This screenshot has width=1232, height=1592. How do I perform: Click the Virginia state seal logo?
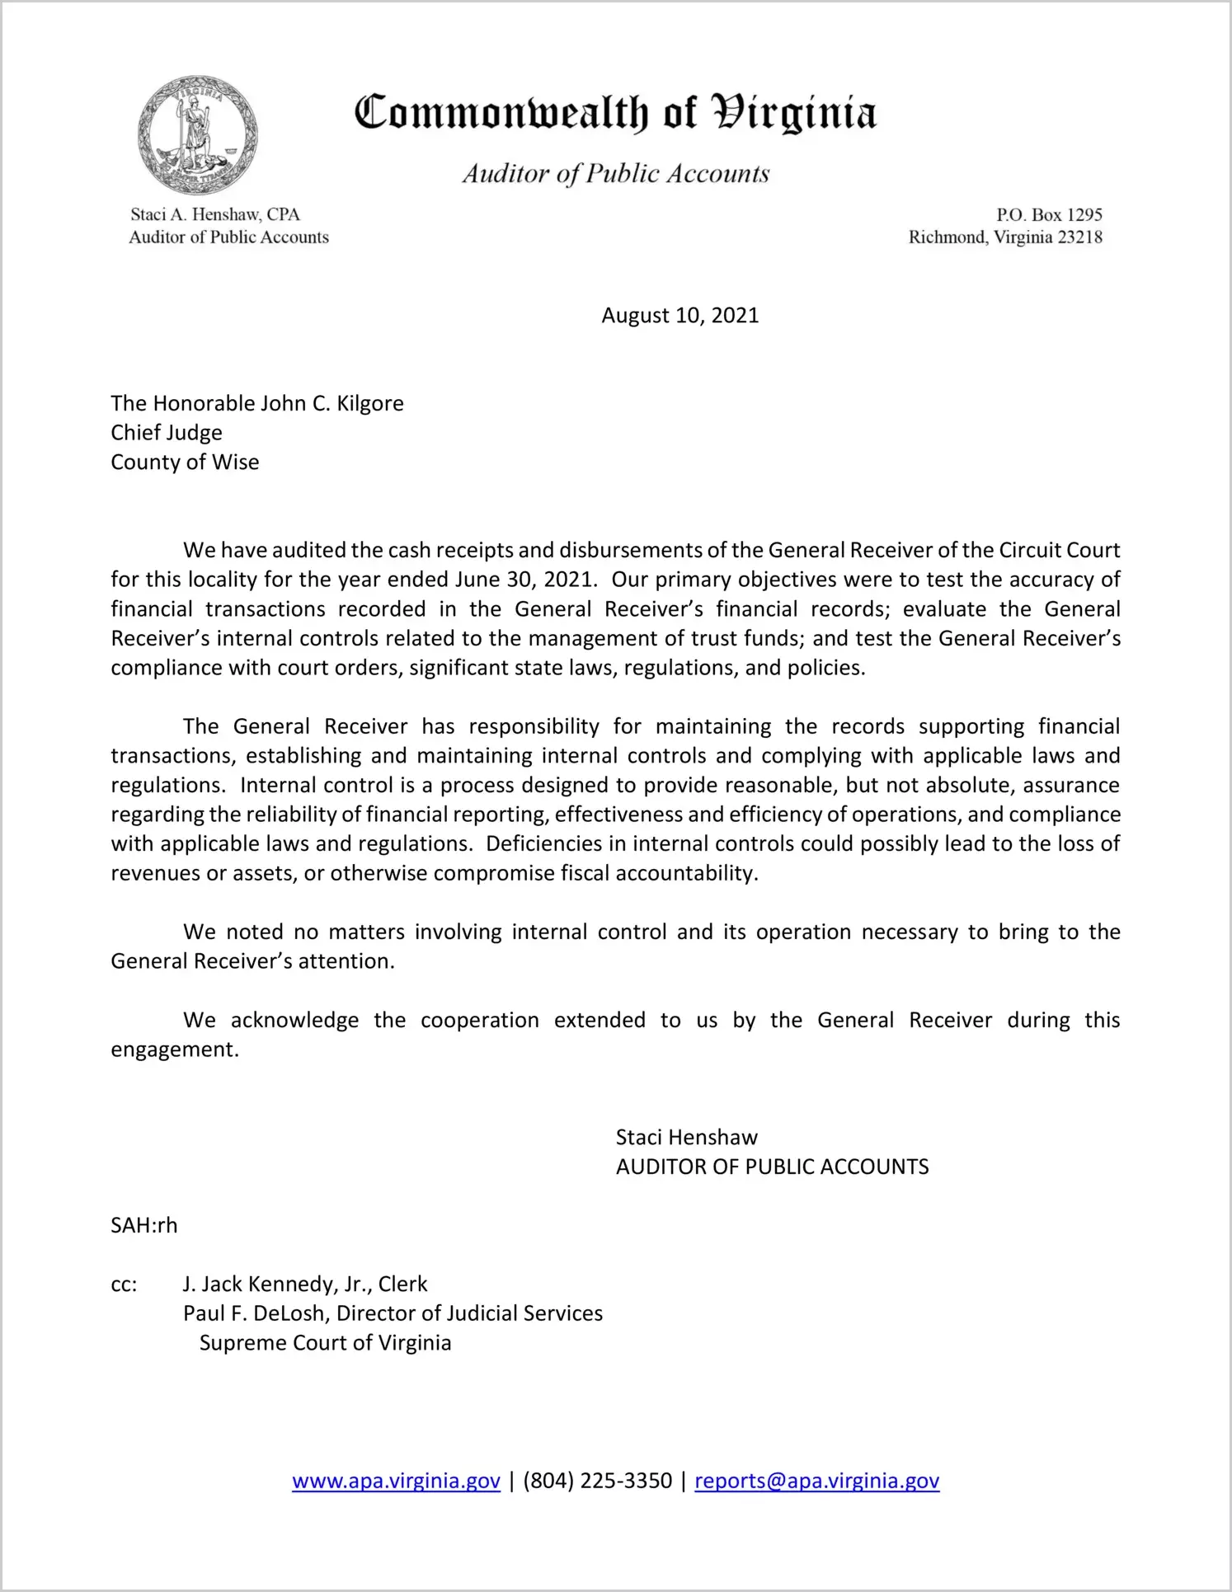click(x=197, y=135)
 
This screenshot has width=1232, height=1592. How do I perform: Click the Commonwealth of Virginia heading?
click(x=615, y=114)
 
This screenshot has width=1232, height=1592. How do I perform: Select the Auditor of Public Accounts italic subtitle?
click(x=615, y=173)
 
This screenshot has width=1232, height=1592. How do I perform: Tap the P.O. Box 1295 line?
click(x=1048, y=215)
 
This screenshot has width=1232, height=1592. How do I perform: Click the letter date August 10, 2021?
click(x=679, y=316)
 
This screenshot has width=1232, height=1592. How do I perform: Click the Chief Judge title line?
click(x=167, y=433)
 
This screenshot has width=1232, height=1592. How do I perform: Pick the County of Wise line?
click(x=185, y=463)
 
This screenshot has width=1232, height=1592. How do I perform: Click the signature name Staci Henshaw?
click(x=686, y=1138)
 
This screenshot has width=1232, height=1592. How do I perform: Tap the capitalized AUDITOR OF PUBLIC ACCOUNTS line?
click(x=772, y=1167)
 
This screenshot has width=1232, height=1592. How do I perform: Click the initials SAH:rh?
click(x=144, y=1225)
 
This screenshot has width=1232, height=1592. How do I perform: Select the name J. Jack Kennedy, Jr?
click(x=276, y=1284)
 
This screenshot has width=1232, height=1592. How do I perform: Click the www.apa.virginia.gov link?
click(x=396, y=1481)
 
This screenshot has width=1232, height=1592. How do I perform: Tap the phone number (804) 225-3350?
click(x=597, y=1481)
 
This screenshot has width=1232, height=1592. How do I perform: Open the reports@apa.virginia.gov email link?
click(x=816, y=1481)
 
